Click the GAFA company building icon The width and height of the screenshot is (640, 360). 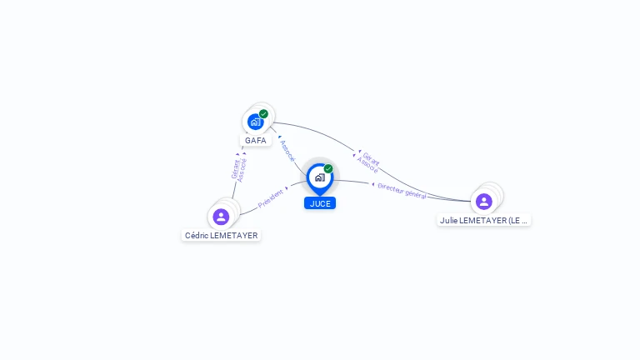point(255,122)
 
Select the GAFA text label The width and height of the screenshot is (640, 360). point(256,140)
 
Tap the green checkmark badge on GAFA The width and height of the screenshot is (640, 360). point(263,114)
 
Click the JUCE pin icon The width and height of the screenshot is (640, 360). point(319,177)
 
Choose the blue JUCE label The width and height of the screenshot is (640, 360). point(320,203)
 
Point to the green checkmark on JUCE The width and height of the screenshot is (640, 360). point(328,169)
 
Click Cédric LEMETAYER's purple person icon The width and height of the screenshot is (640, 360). point(221,217)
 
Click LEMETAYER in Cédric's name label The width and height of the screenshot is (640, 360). point(234,236)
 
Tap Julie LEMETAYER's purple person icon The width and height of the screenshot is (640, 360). point(484,202)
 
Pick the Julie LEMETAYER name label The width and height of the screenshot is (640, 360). point(484,221)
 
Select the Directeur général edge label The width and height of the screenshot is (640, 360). point(402,191)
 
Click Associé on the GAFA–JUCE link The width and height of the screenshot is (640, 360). point(287,151)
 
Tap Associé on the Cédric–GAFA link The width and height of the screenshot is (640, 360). point(242,169)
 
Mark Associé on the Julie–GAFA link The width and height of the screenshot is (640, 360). point(367,164)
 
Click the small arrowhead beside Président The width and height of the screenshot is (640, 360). point(287,188)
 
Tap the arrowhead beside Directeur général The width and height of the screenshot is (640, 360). point(373,184)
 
